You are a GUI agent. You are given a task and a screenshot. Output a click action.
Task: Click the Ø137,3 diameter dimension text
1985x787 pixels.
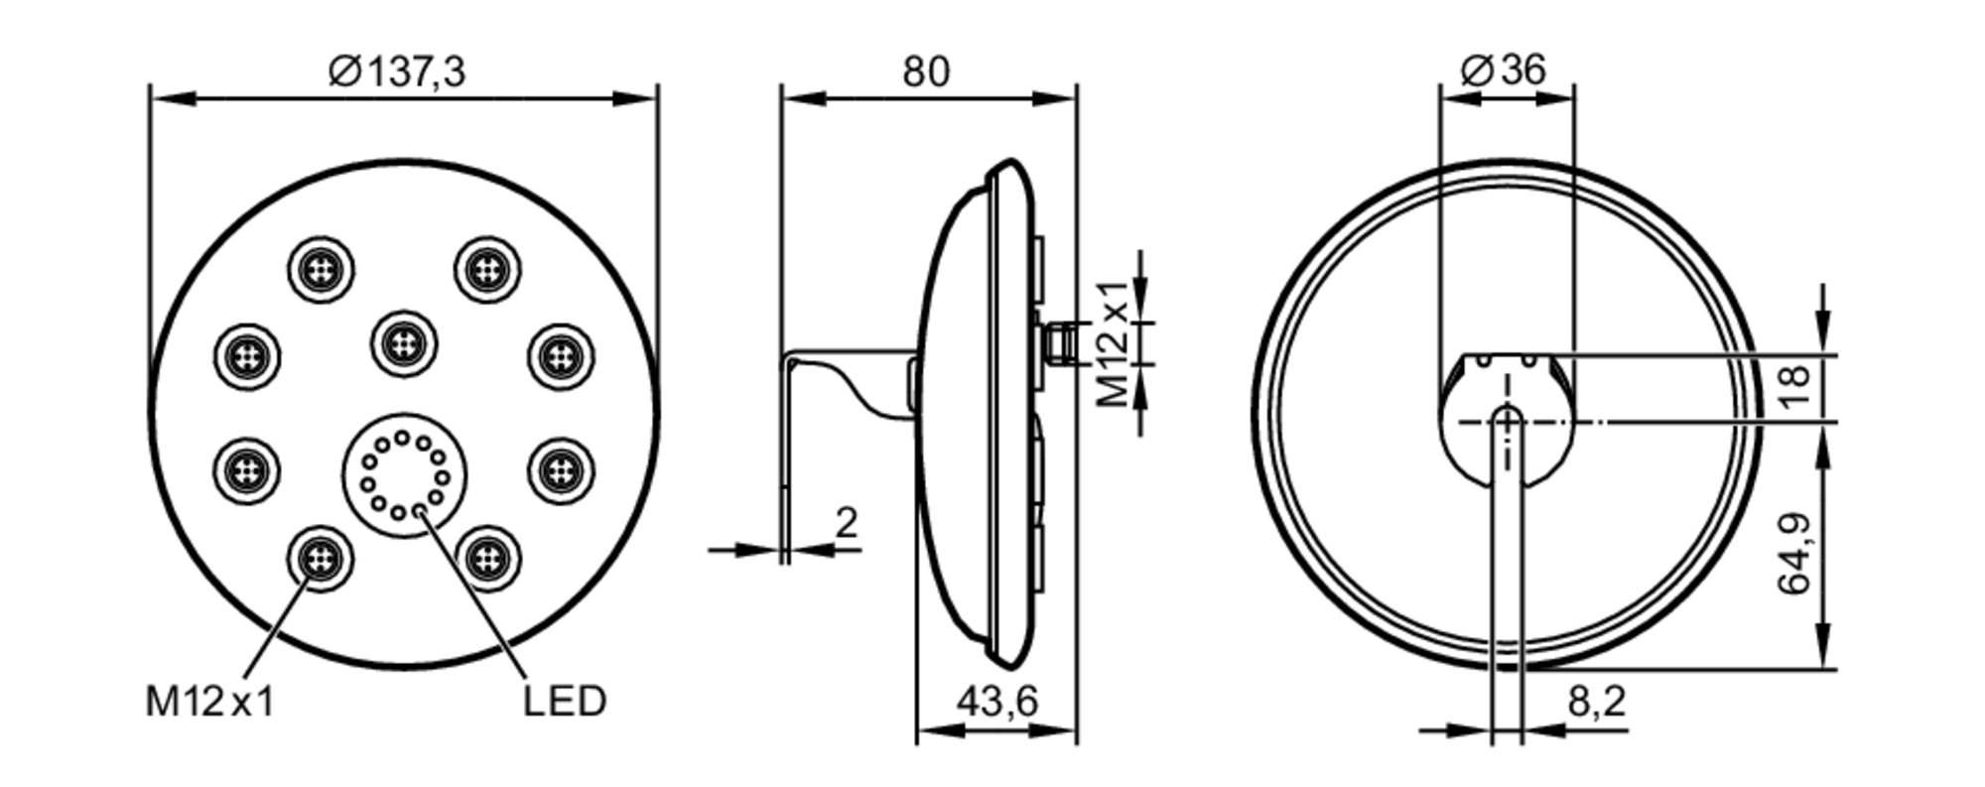[x=397, y=71]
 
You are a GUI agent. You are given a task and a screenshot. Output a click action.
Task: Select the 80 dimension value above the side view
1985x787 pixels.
[x=925, y=71]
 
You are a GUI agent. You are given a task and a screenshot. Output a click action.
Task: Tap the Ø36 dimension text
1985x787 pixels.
[x=1505, y=69]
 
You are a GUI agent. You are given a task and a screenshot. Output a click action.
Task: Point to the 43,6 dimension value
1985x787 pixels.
[x=996, y=703]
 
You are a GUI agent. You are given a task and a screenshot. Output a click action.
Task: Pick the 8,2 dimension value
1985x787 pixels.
[x=1597, y=703]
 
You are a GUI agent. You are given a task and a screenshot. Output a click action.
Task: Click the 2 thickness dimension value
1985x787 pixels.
[x=846, y=523]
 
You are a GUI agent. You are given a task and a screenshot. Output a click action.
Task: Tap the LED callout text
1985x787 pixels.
[x=564, y=702]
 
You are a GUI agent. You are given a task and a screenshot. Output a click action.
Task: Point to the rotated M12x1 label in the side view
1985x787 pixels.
[x=1114, y=343]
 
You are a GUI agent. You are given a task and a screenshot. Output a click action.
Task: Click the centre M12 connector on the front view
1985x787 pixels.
[x=404, y=343]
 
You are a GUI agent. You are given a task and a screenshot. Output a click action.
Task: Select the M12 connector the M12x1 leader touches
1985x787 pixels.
[x=320, y=559]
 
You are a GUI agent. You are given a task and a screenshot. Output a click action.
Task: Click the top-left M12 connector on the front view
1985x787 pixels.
[x=322, y=270]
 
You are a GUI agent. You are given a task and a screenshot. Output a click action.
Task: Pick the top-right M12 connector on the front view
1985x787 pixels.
[x=487, y=270]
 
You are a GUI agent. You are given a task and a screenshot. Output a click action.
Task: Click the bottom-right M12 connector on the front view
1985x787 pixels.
[x=487, y=559]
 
